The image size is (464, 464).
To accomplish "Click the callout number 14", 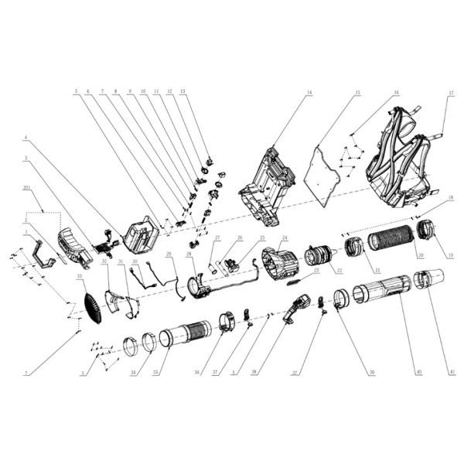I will click(308, 94).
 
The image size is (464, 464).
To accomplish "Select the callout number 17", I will click(449, 94).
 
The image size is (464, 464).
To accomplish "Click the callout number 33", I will click(80, 276).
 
